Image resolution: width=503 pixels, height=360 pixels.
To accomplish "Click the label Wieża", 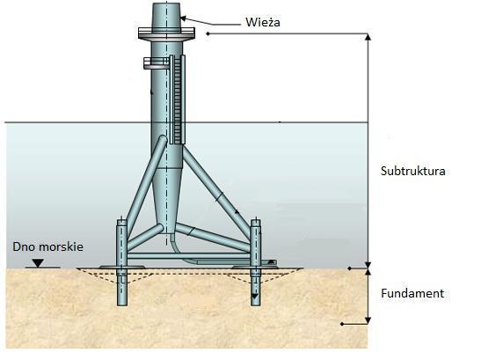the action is click(x=263, y=22).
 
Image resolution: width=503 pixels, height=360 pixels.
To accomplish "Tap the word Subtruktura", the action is click(x=412, y=171).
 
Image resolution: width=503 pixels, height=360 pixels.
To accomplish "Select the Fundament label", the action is click(x=412, y=293).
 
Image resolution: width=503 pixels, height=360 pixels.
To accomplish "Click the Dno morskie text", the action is click(x=47, y=246).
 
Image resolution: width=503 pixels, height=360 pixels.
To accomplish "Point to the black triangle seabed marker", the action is click(x=38, y=263).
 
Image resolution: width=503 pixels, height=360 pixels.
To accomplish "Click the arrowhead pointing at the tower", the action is click(x=183, y=18).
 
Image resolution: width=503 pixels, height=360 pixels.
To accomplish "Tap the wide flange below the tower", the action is click(x=166, y=33).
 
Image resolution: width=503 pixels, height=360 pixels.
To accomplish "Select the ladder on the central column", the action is click(x=178, y=99).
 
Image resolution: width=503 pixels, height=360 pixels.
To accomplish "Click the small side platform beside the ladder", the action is click(x=157, y=63).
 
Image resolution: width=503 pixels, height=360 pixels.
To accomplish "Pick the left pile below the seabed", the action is click(x=122, y=288).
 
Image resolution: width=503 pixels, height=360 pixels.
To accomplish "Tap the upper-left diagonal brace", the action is click(x=146, y=180).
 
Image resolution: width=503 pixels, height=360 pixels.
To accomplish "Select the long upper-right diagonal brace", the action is click(x=216, y=192).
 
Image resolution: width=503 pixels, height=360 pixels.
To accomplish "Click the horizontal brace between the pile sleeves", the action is click(x=188, y=256).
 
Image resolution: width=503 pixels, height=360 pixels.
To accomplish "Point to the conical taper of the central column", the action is click(x=167, y=196).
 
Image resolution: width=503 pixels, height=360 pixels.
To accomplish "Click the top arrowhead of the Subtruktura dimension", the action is click(x=368, y=37).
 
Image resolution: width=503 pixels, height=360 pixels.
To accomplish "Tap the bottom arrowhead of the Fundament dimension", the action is click(x=368, y=320).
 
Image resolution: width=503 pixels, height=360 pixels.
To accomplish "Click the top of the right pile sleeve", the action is click(x=256, y=221).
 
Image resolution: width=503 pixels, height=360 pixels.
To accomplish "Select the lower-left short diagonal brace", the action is click(x=145, y=238).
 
